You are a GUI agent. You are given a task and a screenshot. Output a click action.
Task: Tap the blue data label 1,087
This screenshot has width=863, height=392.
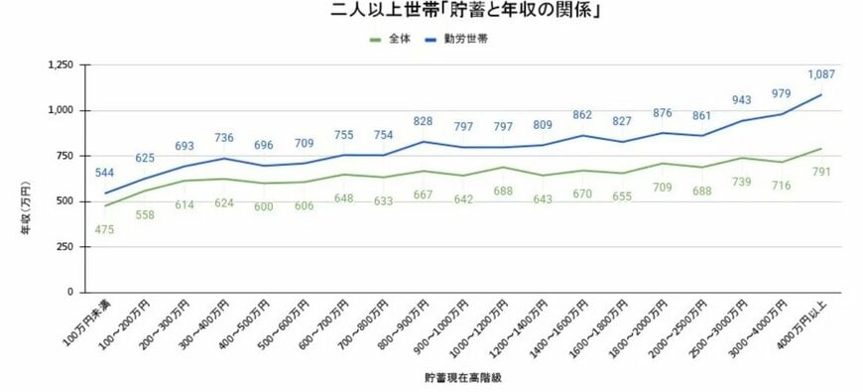click(821, 74)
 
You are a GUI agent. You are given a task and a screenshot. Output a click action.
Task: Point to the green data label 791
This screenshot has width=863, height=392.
click(822, 173)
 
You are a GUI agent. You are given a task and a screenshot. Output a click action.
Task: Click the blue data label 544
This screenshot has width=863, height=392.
click(106, 173)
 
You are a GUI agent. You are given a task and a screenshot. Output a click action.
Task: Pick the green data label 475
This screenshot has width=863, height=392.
click(106, 229)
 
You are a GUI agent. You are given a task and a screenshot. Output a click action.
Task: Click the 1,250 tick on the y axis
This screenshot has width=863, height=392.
click(61, 65)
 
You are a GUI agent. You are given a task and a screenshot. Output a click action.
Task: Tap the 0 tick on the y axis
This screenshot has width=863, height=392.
click(70, 293)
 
